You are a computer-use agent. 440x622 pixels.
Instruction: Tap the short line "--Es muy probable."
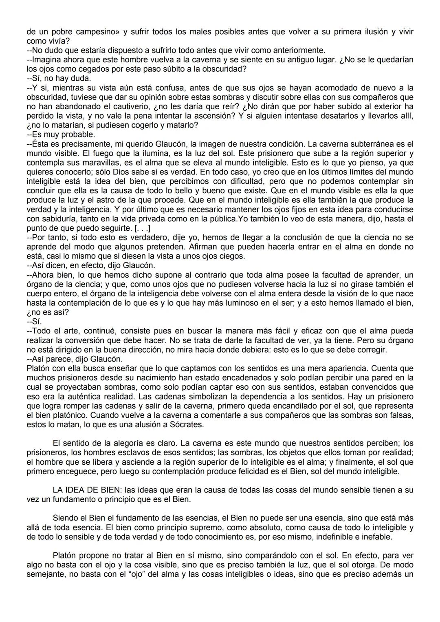click(x=61, y=135)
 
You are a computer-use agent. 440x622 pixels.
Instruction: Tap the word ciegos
click(x=233, y=256)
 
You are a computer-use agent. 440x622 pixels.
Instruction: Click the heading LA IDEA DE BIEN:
click(x=88, y=490)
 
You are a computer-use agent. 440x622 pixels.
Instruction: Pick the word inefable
click(x=377, y=537)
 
